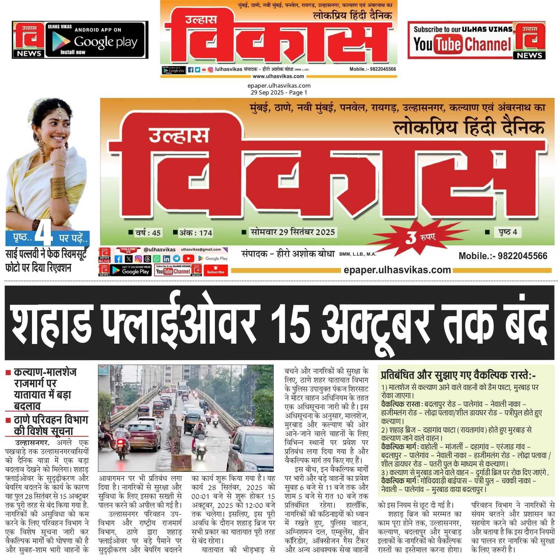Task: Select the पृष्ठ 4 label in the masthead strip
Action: (x=507, y=232)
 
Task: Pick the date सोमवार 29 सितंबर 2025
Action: (x=292, y=232)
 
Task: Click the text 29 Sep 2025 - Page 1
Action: (x=279, y=92)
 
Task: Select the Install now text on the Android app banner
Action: (x=73, y=52)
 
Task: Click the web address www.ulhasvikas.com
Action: (x=278, y=76)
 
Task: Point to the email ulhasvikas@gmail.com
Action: (x=201, y=249)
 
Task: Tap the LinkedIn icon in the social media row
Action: (x=166, y=259)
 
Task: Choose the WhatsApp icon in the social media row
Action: (x=157, y=259)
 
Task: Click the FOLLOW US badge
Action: (x=128, y=250)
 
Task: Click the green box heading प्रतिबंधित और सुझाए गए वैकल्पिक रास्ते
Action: (x=458, y=375)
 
